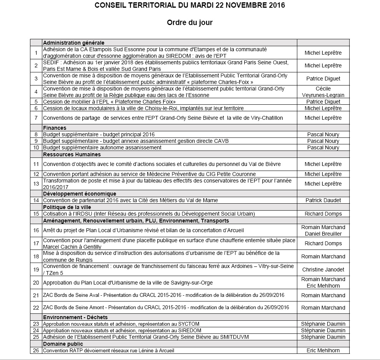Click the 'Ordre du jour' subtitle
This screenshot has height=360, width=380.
[190, 23]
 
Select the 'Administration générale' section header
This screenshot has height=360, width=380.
[73, 43]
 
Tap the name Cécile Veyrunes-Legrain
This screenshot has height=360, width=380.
[323, 92]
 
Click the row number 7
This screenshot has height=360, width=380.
[36, 118]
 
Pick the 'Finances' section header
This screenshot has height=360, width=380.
[55, 128]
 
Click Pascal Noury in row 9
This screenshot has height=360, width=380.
[323, 141]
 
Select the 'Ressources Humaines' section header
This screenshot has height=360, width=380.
[72, 154]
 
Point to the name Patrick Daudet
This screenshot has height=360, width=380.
[323, 200]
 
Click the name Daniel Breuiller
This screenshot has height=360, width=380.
[323, 234]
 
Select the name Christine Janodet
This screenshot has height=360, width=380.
[323, 270]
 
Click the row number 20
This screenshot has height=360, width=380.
[36, 283]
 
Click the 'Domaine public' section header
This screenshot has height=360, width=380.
[63, 344]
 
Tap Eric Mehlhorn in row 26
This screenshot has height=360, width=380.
[323, 350]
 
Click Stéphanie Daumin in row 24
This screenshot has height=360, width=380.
[323, 330]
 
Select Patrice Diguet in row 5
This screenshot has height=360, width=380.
[323, 102]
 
